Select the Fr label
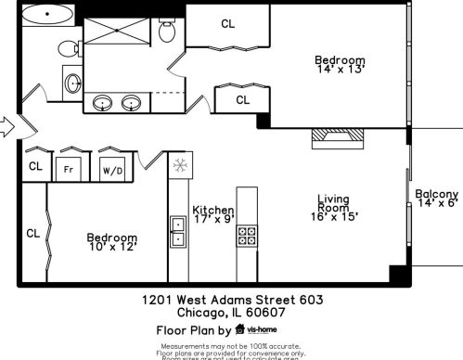pyautogui.click(x=68, y=169)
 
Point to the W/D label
pyautogui.click(x=112, y=170)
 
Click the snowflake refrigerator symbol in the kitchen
pyautogui.click(x=179, y=165)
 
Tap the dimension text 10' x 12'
pyautogui.click(x=112, y=248)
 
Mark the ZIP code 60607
pyautogui.click(x=263, y=313)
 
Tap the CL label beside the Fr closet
pyautogui.click(x=35, y=167)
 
